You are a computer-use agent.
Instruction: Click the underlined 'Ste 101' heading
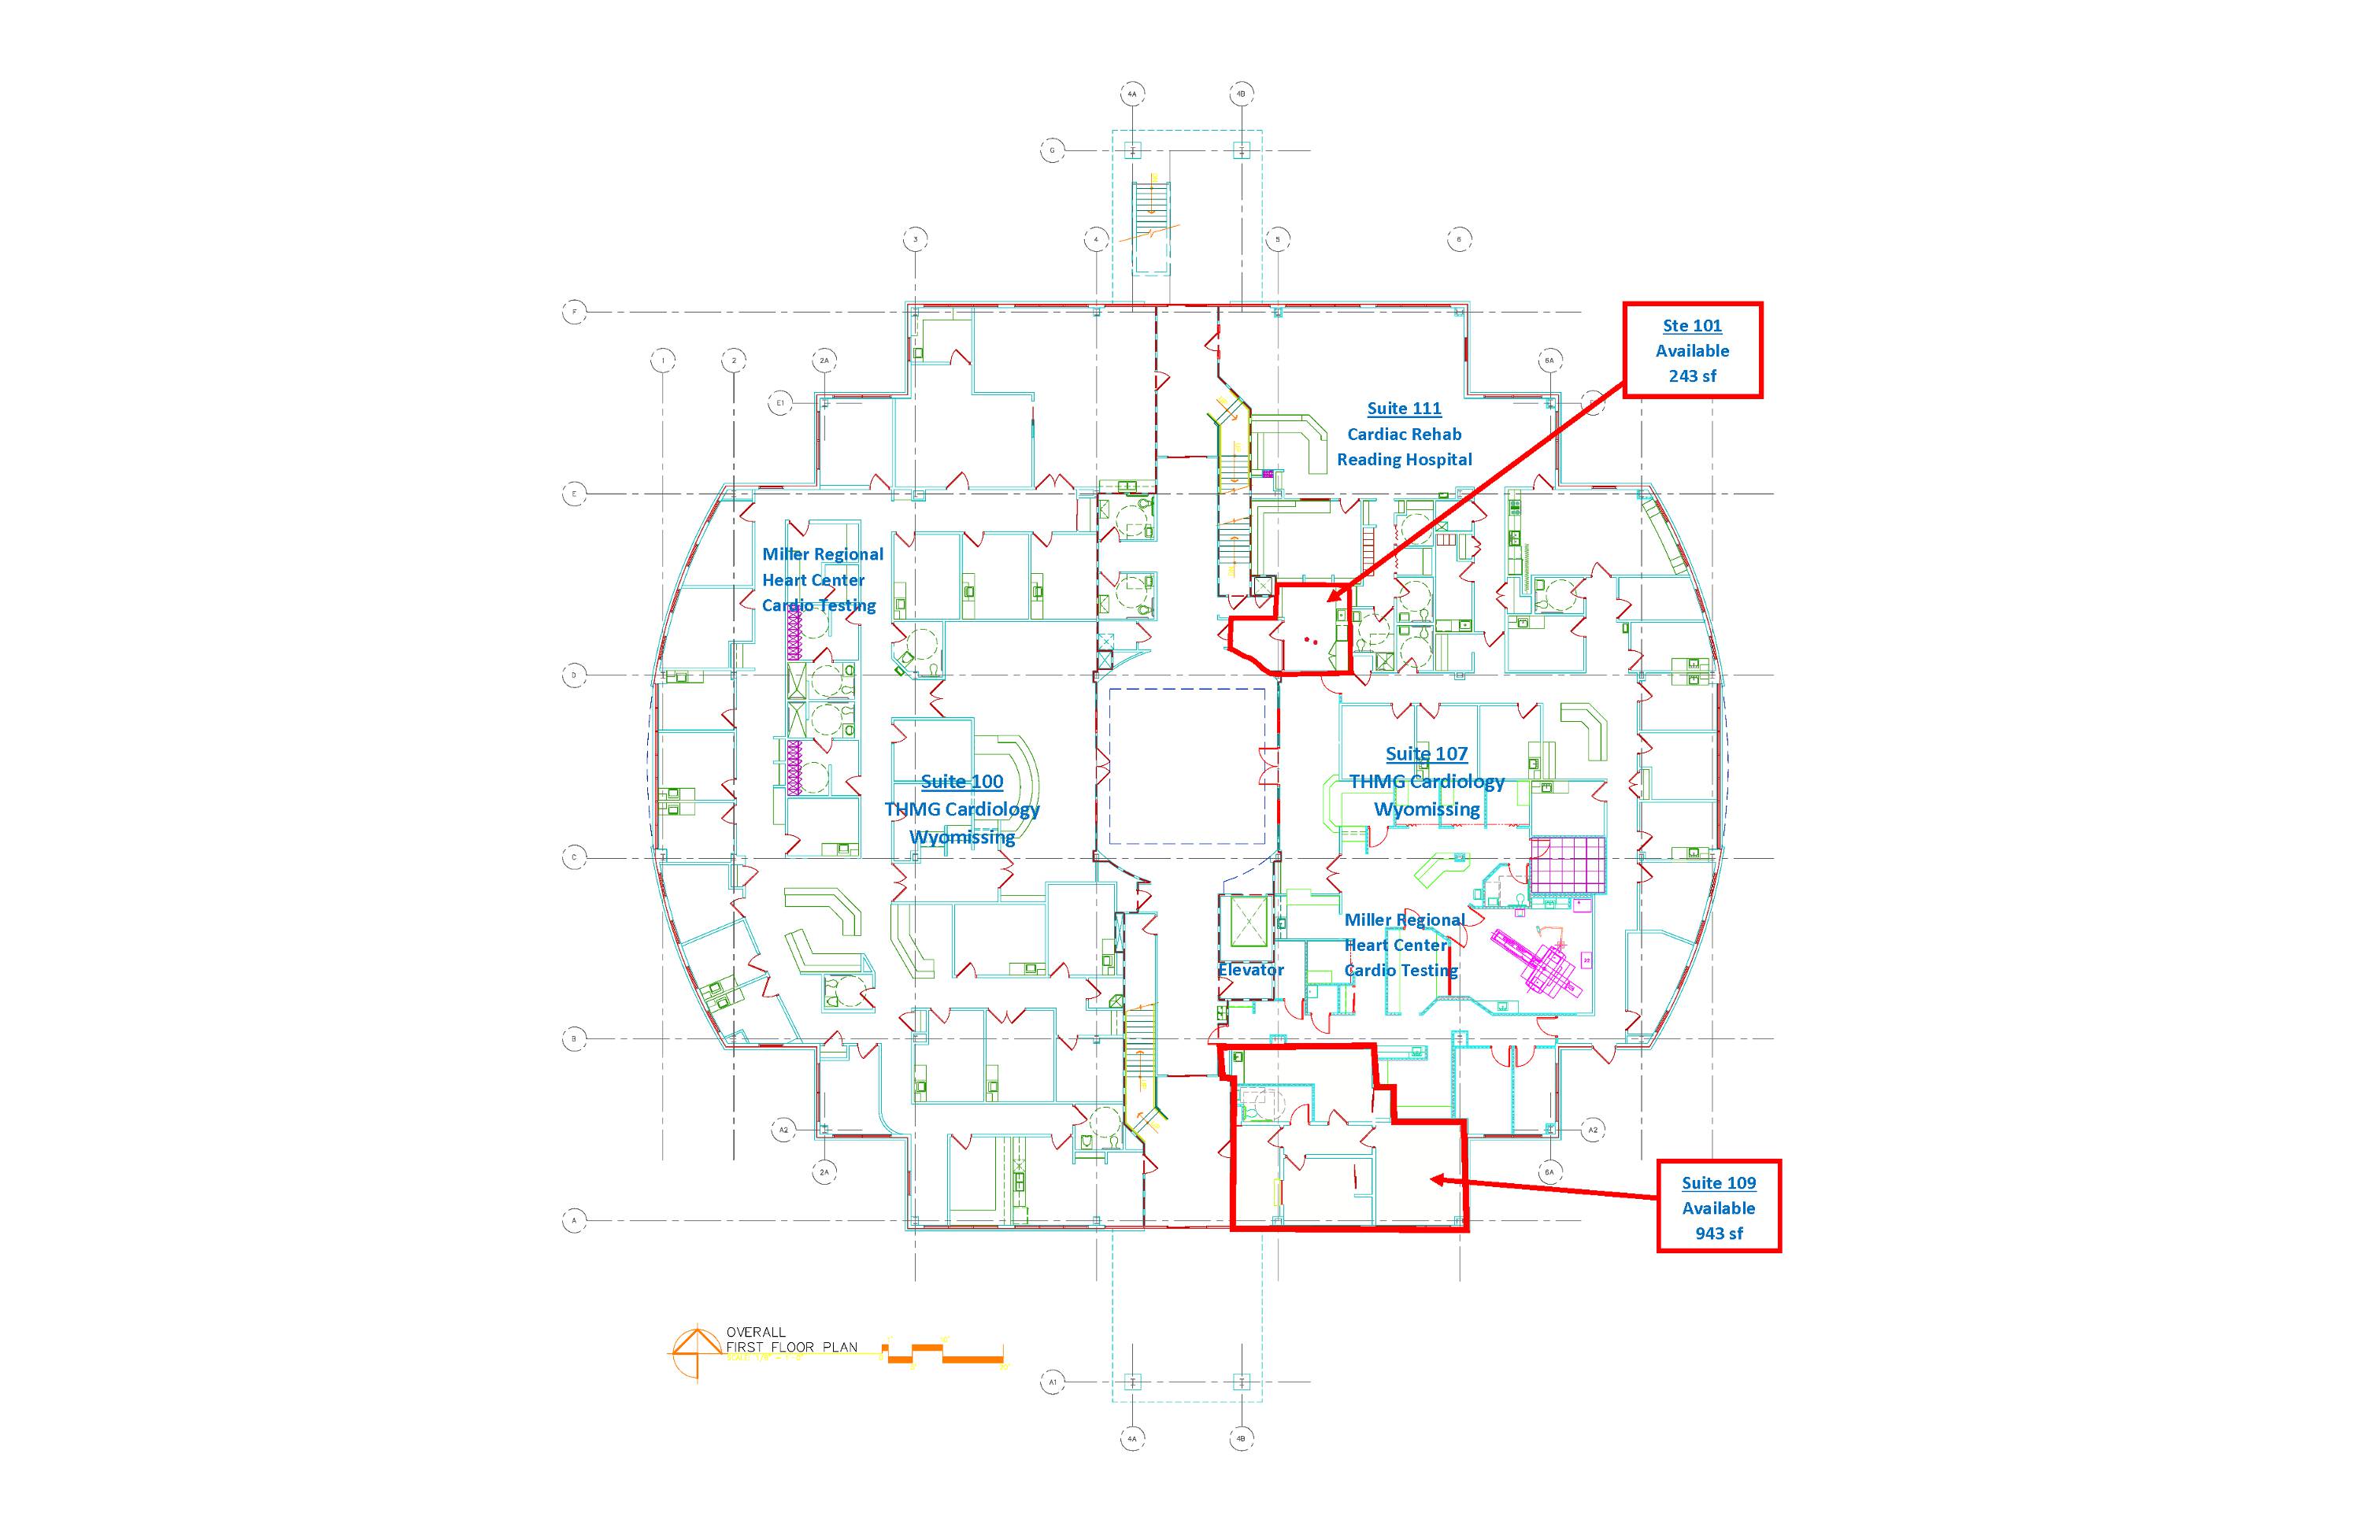click(x=1692, y=325)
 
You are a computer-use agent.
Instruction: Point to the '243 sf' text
click(x=1692, y=376)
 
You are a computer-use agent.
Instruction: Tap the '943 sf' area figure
click(x=1718, y=1234)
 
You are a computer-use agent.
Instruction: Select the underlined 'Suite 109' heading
click(x=1718, y=1182)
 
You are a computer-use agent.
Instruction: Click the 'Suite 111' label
click(x=1403, y=408)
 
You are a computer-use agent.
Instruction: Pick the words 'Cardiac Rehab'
click(x=1403, y=434)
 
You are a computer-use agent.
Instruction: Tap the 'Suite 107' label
click(x=1426, y=754)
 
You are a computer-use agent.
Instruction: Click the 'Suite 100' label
click(x=961, y=782)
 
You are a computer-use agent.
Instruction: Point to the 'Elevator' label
click(x=1250, y=969)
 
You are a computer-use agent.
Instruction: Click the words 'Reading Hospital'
click(x=1403, y=460)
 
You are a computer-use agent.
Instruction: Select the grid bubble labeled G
click(x=1052, y=151)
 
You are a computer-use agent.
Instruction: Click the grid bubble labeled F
click(x=575, y=313)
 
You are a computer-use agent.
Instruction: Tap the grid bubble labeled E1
click(x=780, y=403)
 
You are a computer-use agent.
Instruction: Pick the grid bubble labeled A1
click(x=1052, y=1381)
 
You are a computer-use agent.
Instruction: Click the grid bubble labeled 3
click(x=915, y=239)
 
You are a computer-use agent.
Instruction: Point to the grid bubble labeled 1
click(x=663, y=361)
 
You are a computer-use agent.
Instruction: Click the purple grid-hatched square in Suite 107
click(x=1567, y=864)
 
